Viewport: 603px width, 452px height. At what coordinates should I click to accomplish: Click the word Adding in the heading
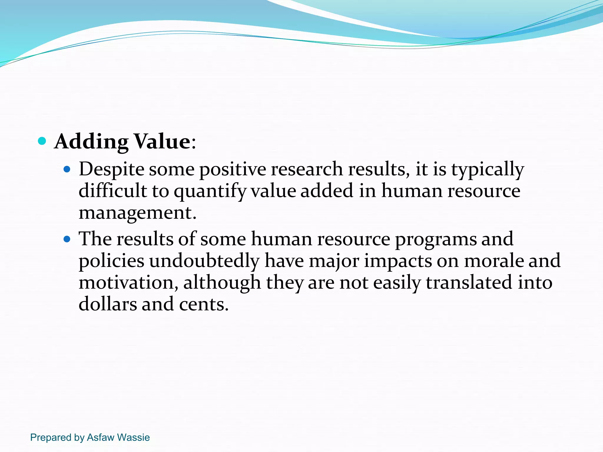(91, 142)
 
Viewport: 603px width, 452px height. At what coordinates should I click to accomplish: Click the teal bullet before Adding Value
(42, 141)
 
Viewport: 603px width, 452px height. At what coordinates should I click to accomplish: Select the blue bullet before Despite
(67, 169)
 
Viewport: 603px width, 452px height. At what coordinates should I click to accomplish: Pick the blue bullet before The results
(67, 239)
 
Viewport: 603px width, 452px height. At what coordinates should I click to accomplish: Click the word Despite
(112, 169)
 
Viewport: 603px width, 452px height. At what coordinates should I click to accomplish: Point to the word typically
(488, 169)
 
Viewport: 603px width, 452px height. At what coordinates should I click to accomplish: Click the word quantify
(210, 191)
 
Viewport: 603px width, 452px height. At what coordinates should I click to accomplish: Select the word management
(137, 213)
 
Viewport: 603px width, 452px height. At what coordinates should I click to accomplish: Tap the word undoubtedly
(204, 261)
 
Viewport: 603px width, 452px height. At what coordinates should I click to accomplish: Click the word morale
(493, 261)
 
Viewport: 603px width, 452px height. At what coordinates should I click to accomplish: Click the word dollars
(108, 304)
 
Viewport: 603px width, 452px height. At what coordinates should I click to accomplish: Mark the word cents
(203, 304)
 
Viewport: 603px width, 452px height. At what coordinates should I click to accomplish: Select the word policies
(112, 261)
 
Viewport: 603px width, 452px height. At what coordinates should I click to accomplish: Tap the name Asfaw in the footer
(100, 437)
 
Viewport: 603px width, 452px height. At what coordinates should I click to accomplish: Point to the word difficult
(112, 191)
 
